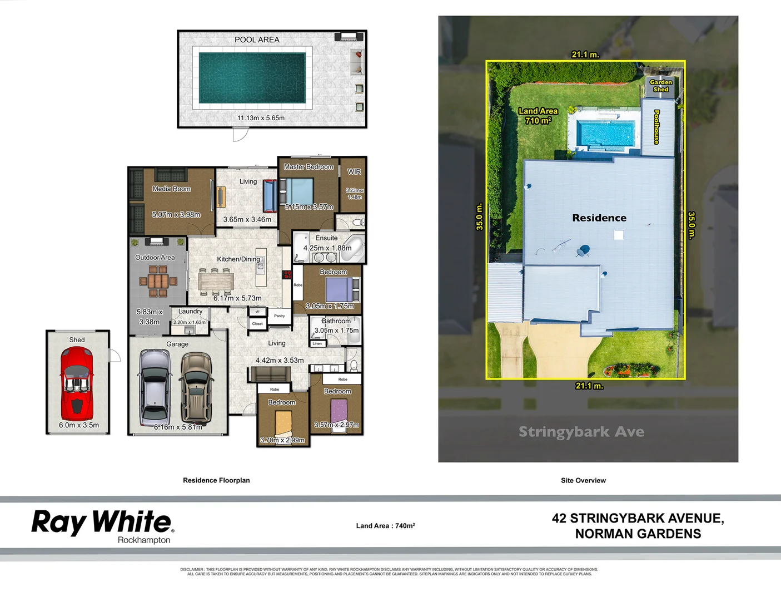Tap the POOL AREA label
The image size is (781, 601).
click(257, 40)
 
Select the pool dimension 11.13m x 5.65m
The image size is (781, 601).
click(261, 118)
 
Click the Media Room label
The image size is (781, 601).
click(171, 189)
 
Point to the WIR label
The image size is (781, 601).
click(354, 172)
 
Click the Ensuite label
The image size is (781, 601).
click(326, 238)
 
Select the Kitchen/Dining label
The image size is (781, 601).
click(238, 259)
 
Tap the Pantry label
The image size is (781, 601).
click(279, 316)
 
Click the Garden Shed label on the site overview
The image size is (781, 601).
click(660, 86)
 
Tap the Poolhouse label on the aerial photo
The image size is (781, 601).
click(656, 127)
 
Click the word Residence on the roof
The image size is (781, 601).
click(599, 218)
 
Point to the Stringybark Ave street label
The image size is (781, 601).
click(581, 432)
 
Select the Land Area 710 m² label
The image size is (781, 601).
click(538, 116)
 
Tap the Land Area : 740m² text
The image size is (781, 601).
click(385, 526)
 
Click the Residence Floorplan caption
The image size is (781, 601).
click(216, 480)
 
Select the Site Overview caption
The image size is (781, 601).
click(583, 480)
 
